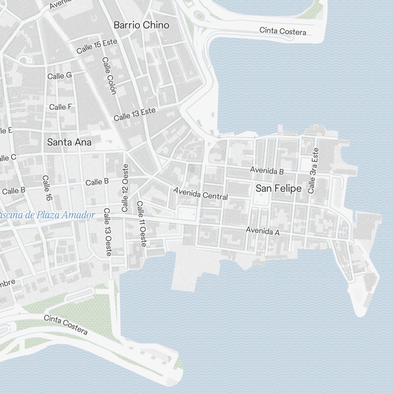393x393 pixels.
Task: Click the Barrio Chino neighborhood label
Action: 141,25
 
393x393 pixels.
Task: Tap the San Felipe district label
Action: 279,189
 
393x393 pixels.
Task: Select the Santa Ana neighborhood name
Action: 69,142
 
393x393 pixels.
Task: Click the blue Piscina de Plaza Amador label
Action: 48,215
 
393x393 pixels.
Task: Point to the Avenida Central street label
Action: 200,193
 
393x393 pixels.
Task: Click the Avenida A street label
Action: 263,231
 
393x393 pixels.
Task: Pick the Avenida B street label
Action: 267,171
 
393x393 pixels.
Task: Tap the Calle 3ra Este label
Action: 313,171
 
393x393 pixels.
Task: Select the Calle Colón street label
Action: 109,75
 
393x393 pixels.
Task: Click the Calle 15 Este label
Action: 94,47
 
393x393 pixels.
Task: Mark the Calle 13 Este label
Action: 134,114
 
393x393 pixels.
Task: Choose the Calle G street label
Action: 59,76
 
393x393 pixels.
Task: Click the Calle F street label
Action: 60,107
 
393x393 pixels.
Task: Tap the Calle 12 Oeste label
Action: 125,187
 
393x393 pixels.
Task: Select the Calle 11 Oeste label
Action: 141,224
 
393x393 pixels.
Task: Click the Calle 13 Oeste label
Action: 107,232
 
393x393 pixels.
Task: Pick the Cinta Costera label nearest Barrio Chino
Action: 283,31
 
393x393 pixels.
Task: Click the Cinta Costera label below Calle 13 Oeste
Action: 66,325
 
